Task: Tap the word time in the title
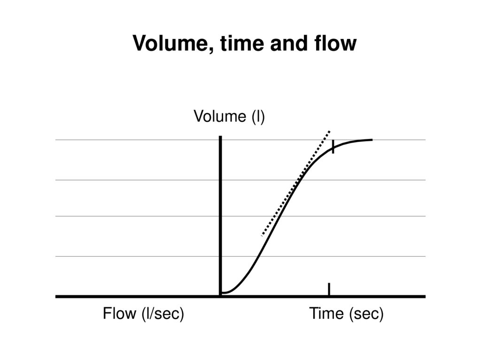point(242,43)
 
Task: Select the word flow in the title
point(335,43)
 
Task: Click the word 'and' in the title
point(289,43)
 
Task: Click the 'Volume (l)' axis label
point(229,116)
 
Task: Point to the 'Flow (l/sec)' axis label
point(143,314)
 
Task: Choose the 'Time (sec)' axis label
point(346,314)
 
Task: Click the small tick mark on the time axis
point(329,289)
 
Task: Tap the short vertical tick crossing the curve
point(333,146)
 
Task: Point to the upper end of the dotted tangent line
point(329,131)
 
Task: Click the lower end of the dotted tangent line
point(262,236)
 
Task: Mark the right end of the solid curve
point(372,140)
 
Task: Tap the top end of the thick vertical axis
point(220,137)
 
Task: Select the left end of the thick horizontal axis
point(56,297)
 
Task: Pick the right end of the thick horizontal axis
point(425,297)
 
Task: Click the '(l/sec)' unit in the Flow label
point(163,314)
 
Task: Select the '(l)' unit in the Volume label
point(258,117)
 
